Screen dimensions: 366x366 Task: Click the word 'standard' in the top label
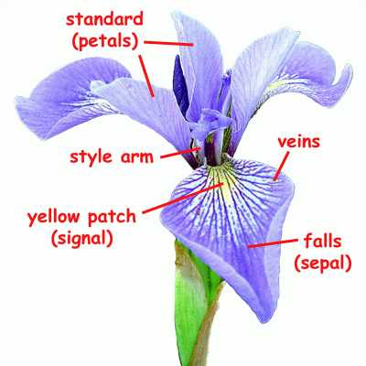click(104, 19)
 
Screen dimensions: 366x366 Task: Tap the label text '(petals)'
click(105, 41)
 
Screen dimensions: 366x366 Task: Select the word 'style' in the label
click(91, 156)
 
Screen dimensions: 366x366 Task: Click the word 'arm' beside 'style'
click(137, 157)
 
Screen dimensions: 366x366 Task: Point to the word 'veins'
click(299, 142)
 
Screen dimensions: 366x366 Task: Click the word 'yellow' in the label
click(54, 217)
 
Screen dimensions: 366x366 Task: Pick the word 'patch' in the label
click(112, 217)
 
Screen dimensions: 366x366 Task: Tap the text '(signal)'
click(82, 239)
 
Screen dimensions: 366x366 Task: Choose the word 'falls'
click(323, 242)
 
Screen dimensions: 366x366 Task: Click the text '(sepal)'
click(323, 264)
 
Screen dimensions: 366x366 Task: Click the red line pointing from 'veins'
click(281, 166)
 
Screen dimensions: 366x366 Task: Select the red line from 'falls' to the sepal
click(273, 243)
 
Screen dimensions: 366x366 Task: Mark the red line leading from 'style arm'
click(180, 153)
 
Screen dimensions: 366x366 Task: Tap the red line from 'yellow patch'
click(183, 198)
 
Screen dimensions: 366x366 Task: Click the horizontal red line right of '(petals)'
click(168, 43)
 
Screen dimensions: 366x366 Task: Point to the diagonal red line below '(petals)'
click(146, 76)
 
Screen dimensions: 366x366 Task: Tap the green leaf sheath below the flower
click(190, 299)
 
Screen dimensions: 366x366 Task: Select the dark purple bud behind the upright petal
click(181, 85)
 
